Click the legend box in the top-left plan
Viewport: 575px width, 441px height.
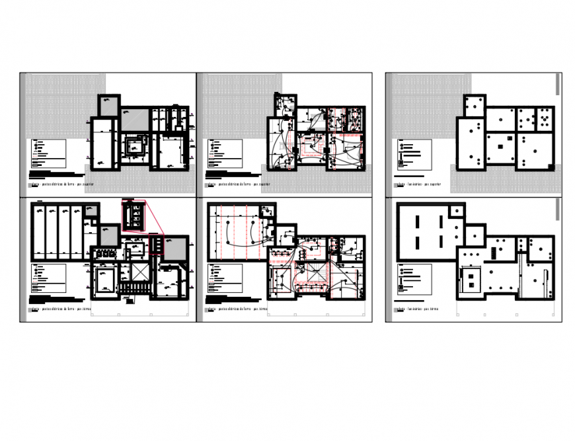[x=48, y=153]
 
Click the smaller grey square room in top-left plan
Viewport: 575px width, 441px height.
[x=109, y=105]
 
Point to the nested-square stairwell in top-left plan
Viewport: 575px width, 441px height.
[x=134, y=146]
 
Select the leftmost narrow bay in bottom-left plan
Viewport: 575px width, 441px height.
[x=40, y=229]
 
